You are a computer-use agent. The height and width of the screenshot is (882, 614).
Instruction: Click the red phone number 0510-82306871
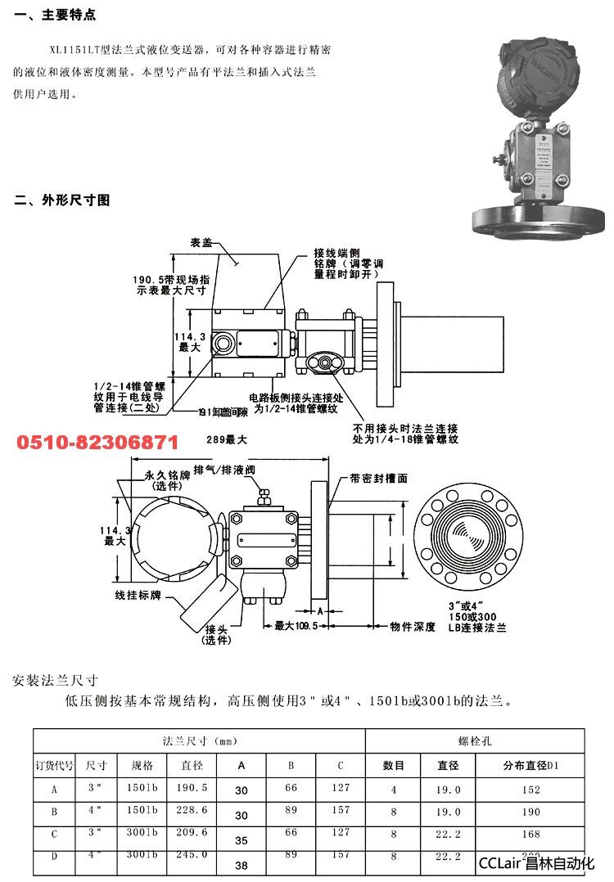coord(97,443)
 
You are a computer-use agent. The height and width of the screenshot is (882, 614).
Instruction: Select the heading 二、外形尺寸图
coord(62,200)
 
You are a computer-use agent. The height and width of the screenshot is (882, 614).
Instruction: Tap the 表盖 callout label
coord(202,243)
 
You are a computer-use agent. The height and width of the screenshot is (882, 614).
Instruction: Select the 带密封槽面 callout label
coord(378,478)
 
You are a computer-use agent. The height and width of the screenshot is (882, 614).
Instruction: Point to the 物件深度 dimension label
coord(413,627)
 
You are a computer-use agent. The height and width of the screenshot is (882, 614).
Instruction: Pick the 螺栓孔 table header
coord(474,740)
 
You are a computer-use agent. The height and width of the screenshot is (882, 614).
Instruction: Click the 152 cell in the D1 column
coord(531,790)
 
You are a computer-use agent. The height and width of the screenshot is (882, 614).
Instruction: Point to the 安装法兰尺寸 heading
coord(56,681)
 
